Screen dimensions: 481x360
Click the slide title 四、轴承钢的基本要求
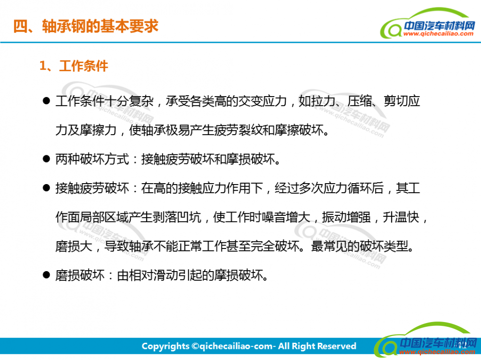pos(86,26)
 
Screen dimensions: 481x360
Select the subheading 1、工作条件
pos(74,66)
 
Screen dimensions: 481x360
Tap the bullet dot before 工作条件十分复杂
pos(46,100)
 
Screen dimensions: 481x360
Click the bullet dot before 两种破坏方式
pos(46,159)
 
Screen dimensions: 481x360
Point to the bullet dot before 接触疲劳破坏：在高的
pos(46,187)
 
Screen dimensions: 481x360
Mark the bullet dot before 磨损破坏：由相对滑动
pos(46,275)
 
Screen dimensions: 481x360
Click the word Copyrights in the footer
pos(165,346)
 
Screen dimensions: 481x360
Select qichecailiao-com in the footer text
pos(236,347)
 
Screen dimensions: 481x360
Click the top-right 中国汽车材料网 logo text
pos(439,26)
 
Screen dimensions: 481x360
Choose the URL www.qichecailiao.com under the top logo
pos(438,34)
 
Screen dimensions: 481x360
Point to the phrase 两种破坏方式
pos(92,159)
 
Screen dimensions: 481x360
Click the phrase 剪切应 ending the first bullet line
pos(402,101)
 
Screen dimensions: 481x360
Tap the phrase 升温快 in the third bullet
pos(401,217)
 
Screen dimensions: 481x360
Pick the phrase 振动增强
pos(346,217)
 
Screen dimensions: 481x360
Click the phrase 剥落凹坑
pos(177,217)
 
